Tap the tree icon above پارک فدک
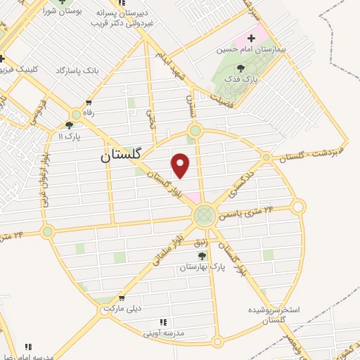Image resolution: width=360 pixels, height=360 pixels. [x=241, y=69]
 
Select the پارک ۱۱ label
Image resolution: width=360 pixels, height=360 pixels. [x=70, y=135]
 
